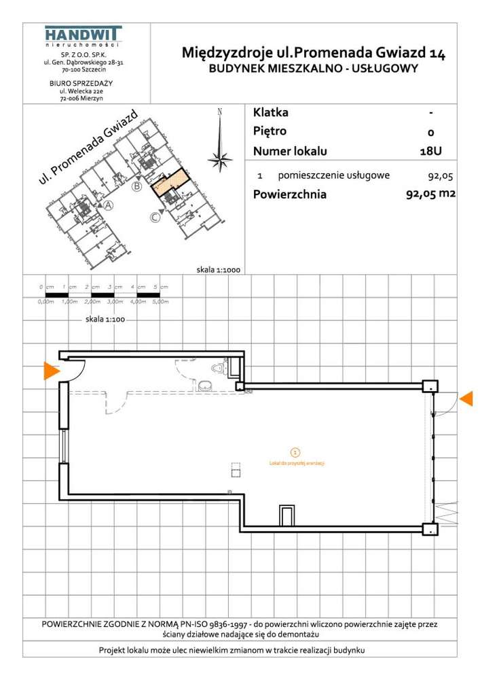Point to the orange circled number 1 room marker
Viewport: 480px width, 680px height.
point(294,451)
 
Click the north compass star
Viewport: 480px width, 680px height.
point(219,160)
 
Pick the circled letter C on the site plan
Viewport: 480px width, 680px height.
point(155,218)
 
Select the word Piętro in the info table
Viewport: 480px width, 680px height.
point(270,131)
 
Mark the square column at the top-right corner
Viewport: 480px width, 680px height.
point(429,386)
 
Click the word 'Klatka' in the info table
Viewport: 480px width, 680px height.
point(270,112)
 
